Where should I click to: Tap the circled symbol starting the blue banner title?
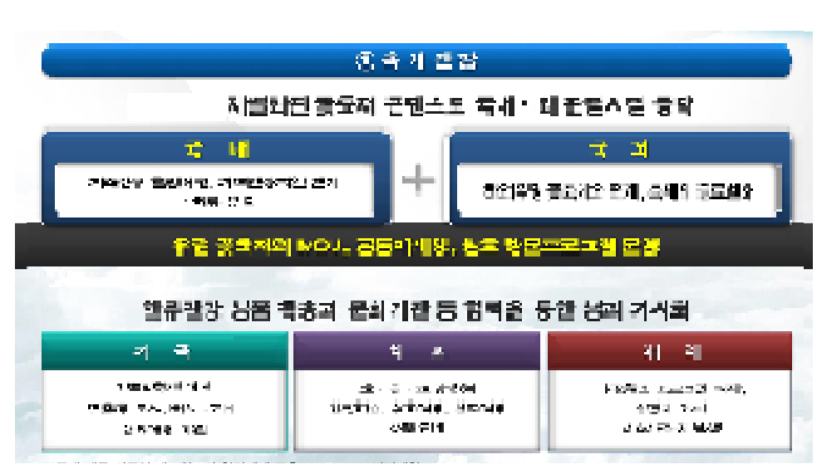pyautogui.click(x=363, y=61)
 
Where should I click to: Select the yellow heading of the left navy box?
pyautogui.click(x=216, y=151)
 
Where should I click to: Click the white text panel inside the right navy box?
pyautogui.click(x=618, y=193)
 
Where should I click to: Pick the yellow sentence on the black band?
pyautogui.click(x=416, y=247)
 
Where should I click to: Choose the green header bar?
pyautogui.click(x=165, y=351)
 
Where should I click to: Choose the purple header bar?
pyautogui.click(x=416, y=351)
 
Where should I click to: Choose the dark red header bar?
pyautogui.click(x=669, y=351)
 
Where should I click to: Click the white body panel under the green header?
pyautogui.click(x=165, y=408)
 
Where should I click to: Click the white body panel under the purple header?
pyautogui.click(x=416, y=408)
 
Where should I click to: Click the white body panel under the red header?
pyautogui.click(x=669, y=408)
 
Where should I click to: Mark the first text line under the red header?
pyautogui.click(x=670, y=388)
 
